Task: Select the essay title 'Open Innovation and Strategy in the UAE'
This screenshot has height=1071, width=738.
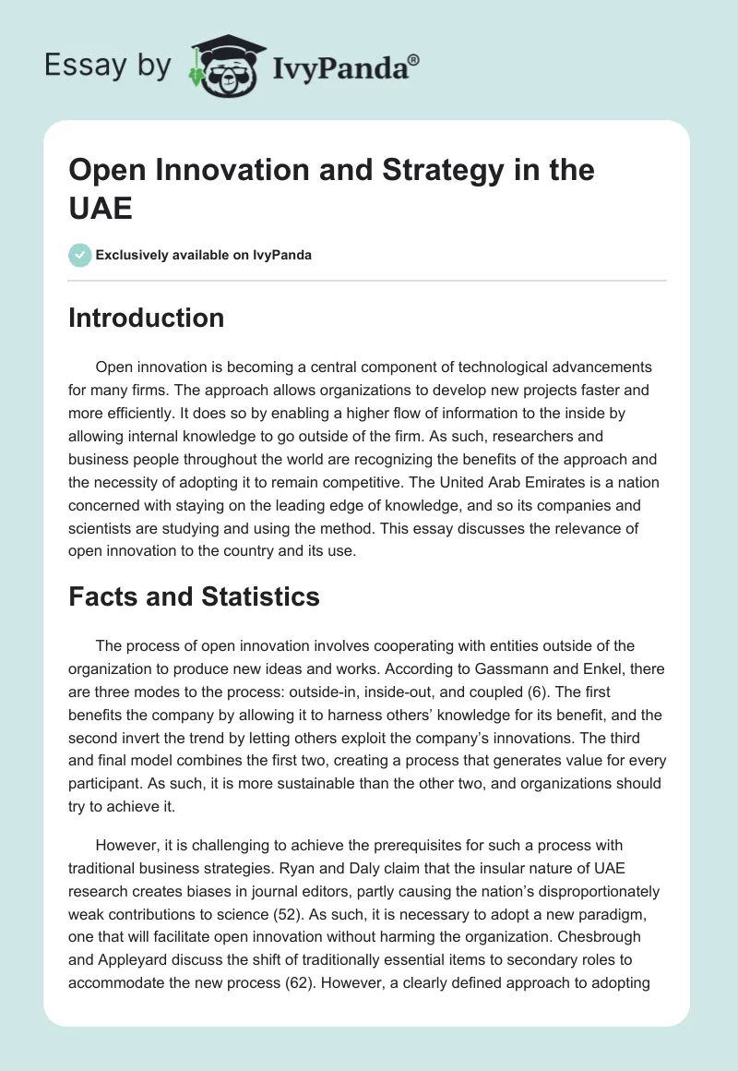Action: (x=332, y=188)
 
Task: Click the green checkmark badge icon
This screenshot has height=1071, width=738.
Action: (x=80, y=255)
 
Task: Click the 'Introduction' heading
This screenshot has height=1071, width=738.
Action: (x=147, y=318)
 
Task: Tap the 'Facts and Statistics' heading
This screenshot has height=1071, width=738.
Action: (x=195, y=597)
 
